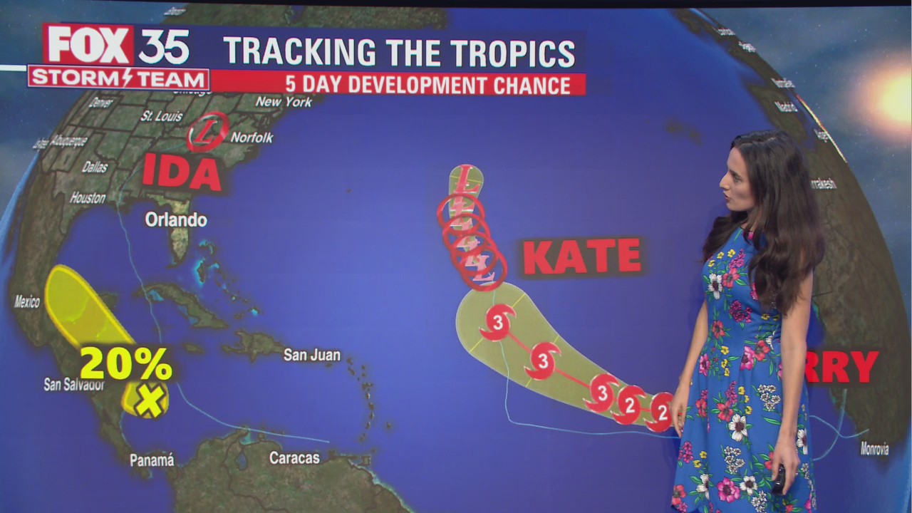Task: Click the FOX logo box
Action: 88,44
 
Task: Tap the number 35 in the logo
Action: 163,46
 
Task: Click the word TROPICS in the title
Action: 503,53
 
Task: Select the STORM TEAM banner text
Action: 118,78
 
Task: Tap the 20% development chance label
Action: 125,363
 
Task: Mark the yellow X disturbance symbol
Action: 150,400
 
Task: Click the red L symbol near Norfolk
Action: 207,133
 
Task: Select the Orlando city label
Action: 176,219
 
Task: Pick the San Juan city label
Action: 311,354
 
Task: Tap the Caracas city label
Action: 294,458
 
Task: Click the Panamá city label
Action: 152,460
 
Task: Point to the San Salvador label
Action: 74,385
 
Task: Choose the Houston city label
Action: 88,197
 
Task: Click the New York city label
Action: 284,102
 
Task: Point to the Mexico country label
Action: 27,302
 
